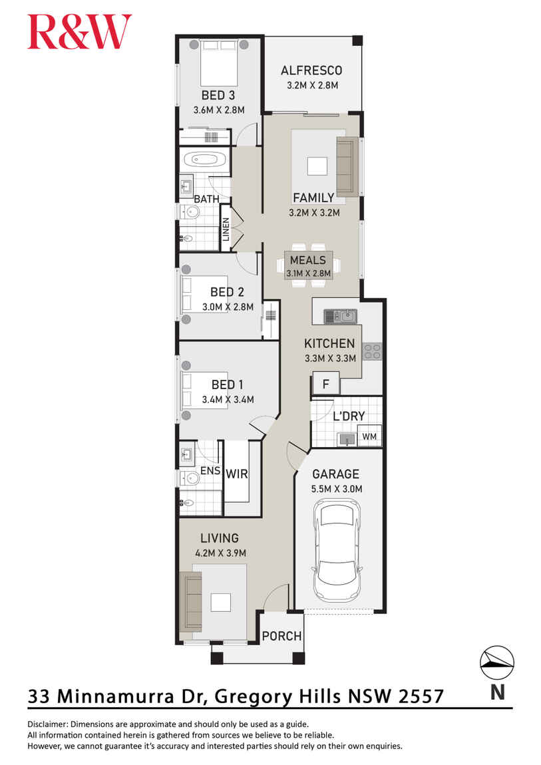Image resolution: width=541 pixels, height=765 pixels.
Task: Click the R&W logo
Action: click(79, 33)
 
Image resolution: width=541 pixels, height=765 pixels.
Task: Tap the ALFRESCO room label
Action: click(311, 71)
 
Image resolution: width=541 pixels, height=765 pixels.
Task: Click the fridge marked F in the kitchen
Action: click(326, 384)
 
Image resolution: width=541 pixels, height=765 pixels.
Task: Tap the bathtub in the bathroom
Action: click(205, 160)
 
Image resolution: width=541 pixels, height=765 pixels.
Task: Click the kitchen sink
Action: click(341, 317)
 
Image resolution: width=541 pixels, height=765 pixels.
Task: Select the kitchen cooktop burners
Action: click(372, 351)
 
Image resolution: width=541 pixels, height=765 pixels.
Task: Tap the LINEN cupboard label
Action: click(226, 230)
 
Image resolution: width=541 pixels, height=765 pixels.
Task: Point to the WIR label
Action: click(237, 474)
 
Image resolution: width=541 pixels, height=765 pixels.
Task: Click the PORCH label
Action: click(281, 636)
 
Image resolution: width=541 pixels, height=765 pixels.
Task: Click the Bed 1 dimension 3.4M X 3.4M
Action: click(228, 399)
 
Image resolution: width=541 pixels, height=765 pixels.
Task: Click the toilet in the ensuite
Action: click(191, 477)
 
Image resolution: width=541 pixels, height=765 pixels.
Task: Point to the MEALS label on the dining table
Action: click(307, 260)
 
